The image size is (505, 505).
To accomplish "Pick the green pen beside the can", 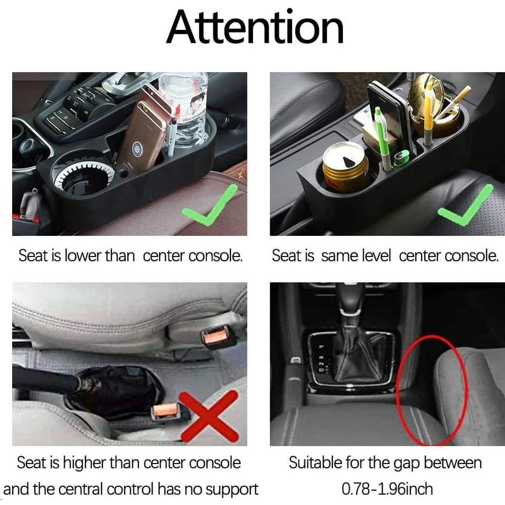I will point(383,139).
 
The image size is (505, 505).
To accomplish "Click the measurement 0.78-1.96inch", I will point(387,489).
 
